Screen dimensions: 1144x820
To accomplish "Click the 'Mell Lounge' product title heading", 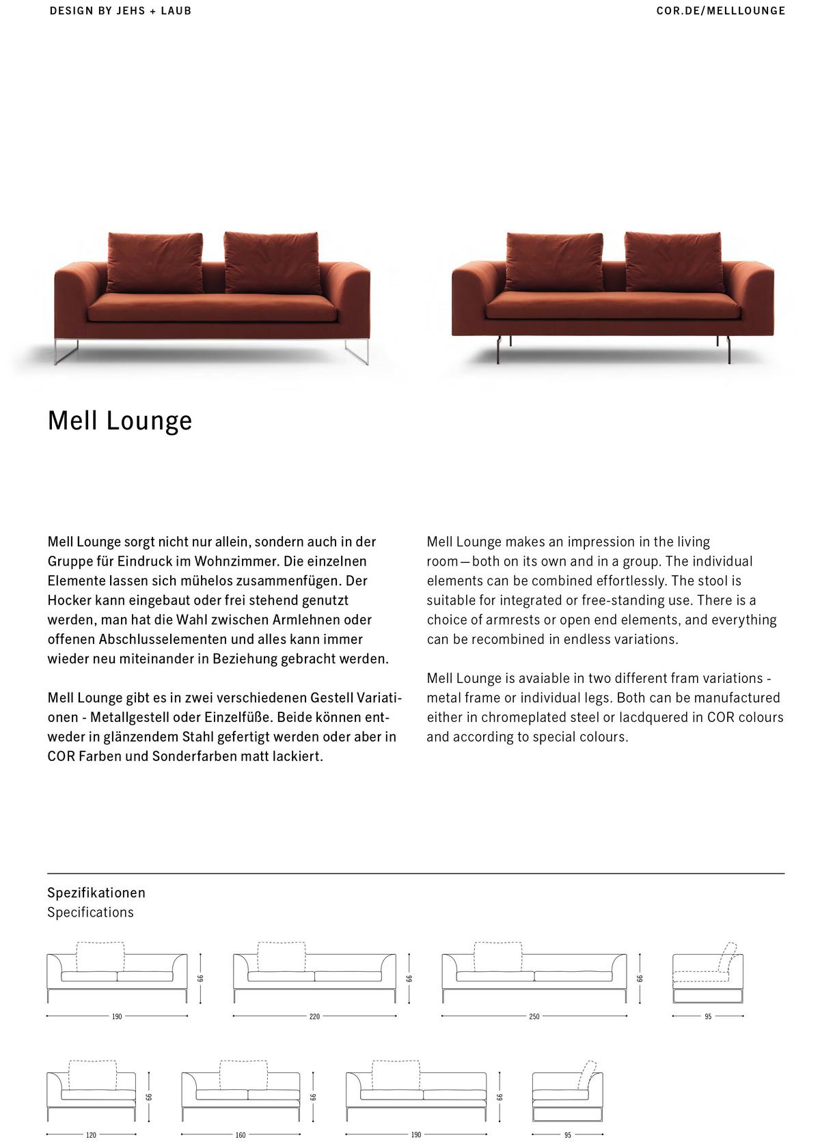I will pos(120,421).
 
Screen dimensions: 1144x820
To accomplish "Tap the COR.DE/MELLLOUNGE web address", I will pos(720,11).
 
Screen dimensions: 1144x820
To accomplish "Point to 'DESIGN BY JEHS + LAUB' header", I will pos(120,11).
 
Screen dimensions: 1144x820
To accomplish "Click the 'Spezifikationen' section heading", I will pos(96,893).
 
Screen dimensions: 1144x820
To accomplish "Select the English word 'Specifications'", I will pos(90,912).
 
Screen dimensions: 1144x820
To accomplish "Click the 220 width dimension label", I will pos(314,1016).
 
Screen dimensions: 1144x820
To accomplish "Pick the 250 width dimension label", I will pos(534,1016).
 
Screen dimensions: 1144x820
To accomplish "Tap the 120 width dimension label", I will pos(91,1135).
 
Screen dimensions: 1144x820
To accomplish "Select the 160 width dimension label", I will pos(241,1135).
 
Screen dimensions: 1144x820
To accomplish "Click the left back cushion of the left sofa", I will pos(155,262).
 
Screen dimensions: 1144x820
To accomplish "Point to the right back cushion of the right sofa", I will pos(674,262).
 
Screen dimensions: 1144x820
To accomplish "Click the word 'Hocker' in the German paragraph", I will pos(69,600).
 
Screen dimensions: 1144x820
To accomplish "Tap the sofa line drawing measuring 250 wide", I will pos(534,973).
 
